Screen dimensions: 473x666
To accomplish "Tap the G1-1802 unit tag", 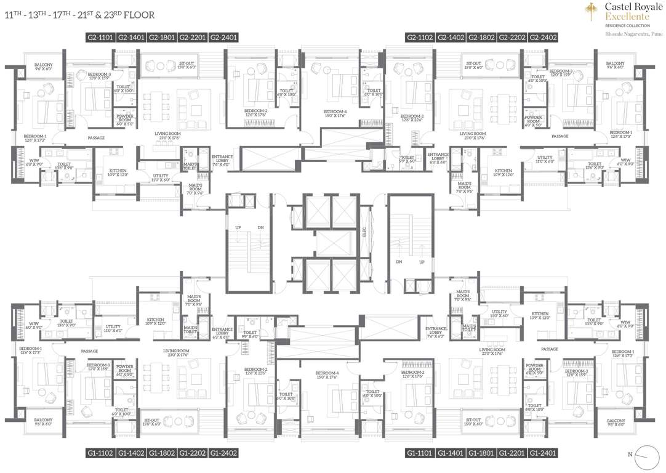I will tap(162, 453).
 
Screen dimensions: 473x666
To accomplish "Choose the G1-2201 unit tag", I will tap(512, 453).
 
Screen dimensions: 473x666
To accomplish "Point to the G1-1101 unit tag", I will tap(420, 453).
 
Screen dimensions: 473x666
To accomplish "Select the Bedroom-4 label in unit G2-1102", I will tap(335, 113).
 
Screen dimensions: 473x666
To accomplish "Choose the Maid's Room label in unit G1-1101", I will tap(463, 295).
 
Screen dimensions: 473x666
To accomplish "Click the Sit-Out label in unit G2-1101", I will tap(187, 65).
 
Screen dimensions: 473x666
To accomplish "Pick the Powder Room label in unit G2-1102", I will tap(533, 119).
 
